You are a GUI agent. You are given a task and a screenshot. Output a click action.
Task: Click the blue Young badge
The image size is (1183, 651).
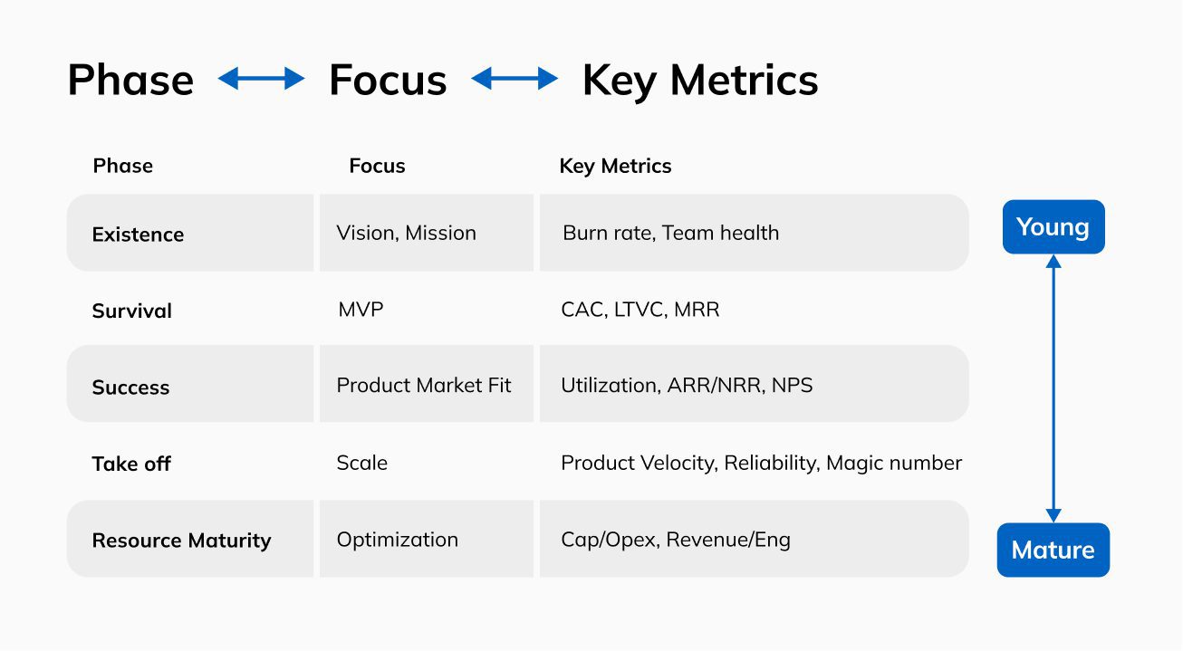click(1053, 227)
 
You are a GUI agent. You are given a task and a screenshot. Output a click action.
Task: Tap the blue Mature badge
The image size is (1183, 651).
click(1053, 550)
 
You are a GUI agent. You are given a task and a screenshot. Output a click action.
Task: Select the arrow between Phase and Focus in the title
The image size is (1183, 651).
click(262, 79)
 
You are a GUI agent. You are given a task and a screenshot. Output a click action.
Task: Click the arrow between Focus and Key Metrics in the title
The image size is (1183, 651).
click(515, 79)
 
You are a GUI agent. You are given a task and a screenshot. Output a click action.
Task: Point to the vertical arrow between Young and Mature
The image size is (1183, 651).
click(1053, 388)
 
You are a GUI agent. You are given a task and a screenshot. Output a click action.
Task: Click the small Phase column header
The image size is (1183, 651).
click(123, 166)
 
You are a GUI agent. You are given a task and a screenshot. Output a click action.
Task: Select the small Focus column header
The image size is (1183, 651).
click(377, 166)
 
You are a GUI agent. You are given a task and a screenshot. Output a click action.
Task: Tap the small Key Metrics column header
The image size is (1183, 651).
click(615, 167)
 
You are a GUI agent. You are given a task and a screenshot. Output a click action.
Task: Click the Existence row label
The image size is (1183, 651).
click(138, 235)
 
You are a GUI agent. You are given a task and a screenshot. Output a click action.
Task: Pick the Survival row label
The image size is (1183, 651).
click(132, 311)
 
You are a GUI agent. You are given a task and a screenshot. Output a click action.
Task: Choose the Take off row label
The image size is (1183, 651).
click(131, 464)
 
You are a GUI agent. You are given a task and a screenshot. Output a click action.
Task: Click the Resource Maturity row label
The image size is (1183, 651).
click(181, 541)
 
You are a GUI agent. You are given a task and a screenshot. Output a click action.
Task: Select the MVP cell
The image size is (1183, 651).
click(361, 310)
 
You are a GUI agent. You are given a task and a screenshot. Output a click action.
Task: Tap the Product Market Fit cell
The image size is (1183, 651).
click(424, 386)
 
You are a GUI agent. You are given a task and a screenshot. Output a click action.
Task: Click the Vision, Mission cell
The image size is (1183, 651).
click(406, 233)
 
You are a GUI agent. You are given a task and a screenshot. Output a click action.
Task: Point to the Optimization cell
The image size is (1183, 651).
click(397, 540)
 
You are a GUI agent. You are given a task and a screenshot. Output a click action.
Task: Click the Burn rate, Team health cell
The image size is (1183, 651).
click(670, 233)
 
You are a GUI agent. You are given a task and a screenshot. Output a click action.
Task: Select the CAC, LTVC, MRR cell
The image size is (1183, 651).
click(640, 310)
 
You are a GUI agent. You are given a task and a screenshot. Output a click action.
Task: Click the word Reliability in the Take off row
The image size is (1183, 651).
click(772, 463)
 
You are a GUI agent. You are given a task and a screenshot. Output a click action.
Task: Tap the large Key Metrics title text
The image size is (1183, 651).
click(700, 81)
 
